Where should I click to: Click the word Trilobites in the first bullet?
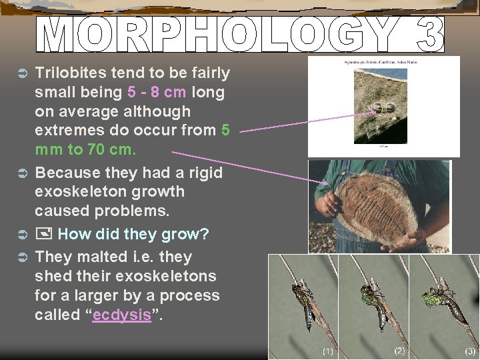click(x=75, y=72)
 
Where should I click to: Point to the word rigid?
click(x=201, y=173)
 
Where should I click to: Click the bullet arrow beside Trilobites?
click(x=21, y=72)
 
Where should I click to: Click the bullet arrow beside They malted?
click(x=21, y=257)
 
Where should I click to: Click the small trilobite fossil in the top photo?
click(x=385, y=107)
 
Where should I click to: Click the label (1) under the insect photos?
click(x=328, y=351)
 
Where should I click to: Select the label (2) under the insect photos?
click(x=399, y=350)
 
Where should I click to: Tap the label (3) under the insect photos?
click(x=470, y=351)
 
